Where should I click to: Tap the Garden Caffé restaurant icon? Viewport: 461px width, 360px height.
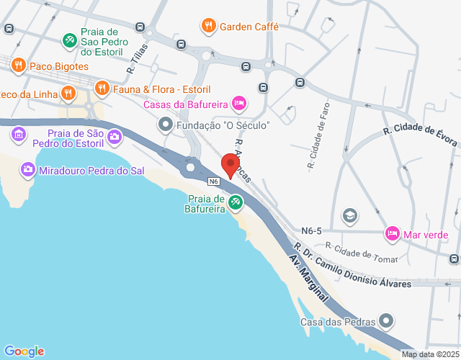209,27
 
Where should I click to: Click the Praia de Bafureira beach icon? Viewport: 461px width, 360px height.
235,204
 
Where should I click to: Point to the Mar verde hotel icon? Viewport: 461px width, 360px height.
393,234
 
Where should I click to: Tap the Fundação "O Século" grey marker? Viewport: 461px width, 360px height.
166,125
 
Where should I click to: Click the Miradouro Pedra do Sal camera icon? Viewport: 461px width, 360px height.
28,170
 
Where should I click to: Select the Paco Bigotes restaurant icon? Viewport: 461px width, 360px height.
19,66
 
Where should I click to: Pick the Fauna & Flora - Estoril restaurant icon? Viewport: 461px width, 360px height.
102,89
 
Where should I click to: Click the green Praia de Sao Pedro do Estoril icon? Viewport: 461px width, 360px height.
69,40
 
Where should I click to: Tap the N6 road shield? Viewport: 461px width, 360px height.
213,181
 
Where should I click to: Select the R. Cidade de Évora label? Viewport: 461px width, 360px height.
421,136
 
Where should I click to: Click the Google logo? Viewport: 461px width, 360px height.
23,351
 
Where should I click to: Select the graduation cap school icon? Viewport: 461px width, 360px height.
349,215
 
